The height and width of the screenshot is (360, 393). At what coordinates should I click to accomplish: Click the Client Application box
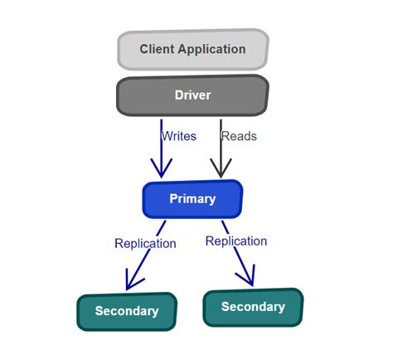pyautogui.click(x=192, y=50)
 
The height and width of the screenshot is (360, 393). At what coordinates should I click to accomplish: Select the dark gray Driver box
pyautogui.click(x=192, y=95)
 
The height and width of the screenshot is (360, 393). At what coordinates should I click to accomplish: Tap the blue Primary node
pyautogui.click(x=192, y=199)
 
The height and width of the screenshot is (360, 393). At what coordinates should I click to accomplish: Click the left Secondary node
pyautogui.click(x=127, y=311)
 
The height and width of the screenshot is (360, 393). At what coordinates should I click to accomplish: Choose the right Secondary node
pyautogui.click(x=253, y=307)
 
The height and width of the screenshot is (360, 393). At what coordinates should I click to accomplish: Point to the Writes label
pyautogui.click(x=179, y=135)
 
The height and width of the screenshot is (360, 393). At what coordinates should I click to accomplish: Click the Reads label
pyautogui.click(x=239, y=135)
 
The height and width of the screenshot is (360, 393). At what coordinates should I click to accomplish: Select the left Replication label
pyautogui.click(x=145, y=243)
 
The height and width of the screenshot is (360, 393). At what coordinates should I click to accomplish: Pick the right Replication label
pyautogui.click(x=236, y=241)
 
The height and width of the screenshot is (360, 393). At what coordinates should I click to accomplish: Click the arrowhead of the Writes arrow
pyautogui.click(x=160, y=168)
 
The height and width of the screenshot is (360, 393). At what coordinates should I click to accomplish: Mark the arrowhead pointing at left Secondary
pyautogui.click(x=130, y=282)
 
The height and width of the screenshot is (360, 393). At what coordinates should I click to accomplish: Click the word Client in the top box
pyautogui.click(x=158, y=49)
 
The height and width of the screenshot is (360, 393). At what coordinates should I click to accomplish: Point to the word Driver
pyautogui.click(x=192, y=95)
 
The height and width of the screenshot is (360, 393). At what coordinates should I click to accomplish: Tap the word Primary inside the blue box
pyautogui.click(x=192, y=199)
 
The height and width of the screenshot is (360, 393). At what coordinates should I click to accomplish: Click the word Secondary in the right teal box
pyautogui.click(x=253, y=307)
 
